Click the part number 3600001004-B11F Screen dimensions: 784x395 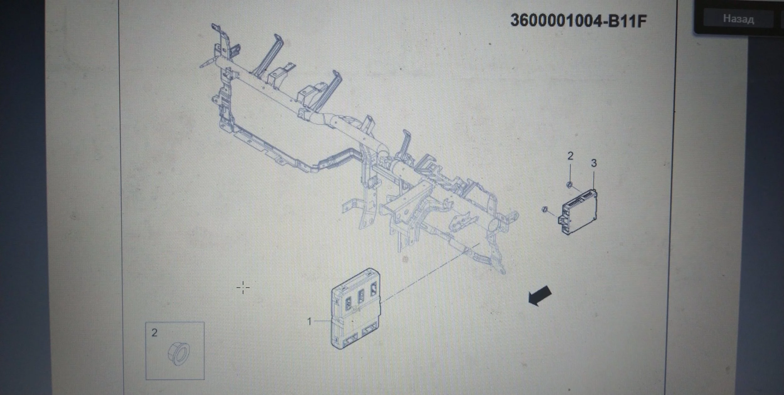[x=579, y=21]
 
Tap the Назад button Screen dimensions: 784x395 [x=739, y=19]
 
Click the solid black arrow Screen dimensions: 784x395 [x=540, y=295]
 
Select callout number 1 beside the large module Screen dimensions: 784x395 [x=310, y=321]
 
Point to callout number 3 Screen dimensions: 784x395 [x=594, y=163]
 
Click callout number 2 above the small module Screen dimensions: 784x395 [x=570, y=156]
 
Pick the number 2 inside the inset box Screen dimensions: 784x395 [x=154, y=333]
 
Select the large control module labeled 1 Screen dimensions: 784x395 [x=356, y=308]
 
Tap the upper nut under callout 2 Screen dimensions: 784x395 [x=570, y=184]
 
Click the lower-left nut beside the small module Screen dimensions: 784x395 [x=545, y=209]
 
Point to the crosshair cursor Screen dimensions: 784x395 [x=243, y=288]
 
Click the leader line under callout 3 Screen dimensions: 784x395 [x=594, y=179]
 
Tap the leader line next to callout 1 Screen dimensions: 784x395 [x=322, y=321]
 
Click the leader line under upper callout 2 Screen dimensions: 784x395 [x=570, y=171]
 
